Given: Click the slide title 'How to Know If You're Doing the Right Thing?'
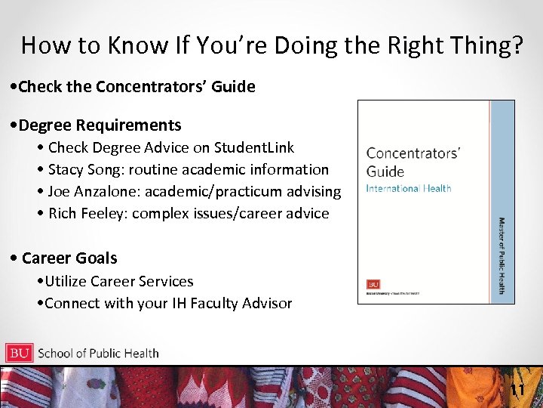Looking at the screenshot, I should click(271, 45).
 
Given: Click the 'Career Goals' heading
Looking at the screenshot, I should click(69, 258).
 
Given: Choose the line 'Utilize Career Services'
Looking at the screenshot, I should click(118, 281).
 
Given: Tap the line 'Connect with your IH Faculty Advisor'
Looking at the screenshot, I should click(168, 303).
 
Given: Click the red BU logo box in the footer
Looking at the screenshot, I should click(19, 353).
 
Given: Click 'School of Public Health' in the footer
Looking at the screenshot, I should click(98, 353).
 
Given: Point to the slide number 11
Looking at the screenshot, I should click(517, 390).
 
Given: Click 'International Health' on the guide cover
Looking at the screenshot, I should click(408, 187).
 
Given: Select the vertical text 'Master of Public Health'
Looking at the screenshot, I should click(502, 255).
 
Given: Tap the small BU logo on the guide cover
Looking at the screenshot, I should click(373, 285).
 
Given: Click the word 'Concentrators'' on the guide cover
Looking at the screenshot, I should click(413, 153).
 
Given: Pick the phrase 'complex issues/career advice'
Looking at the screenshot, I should click(231, 213).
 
